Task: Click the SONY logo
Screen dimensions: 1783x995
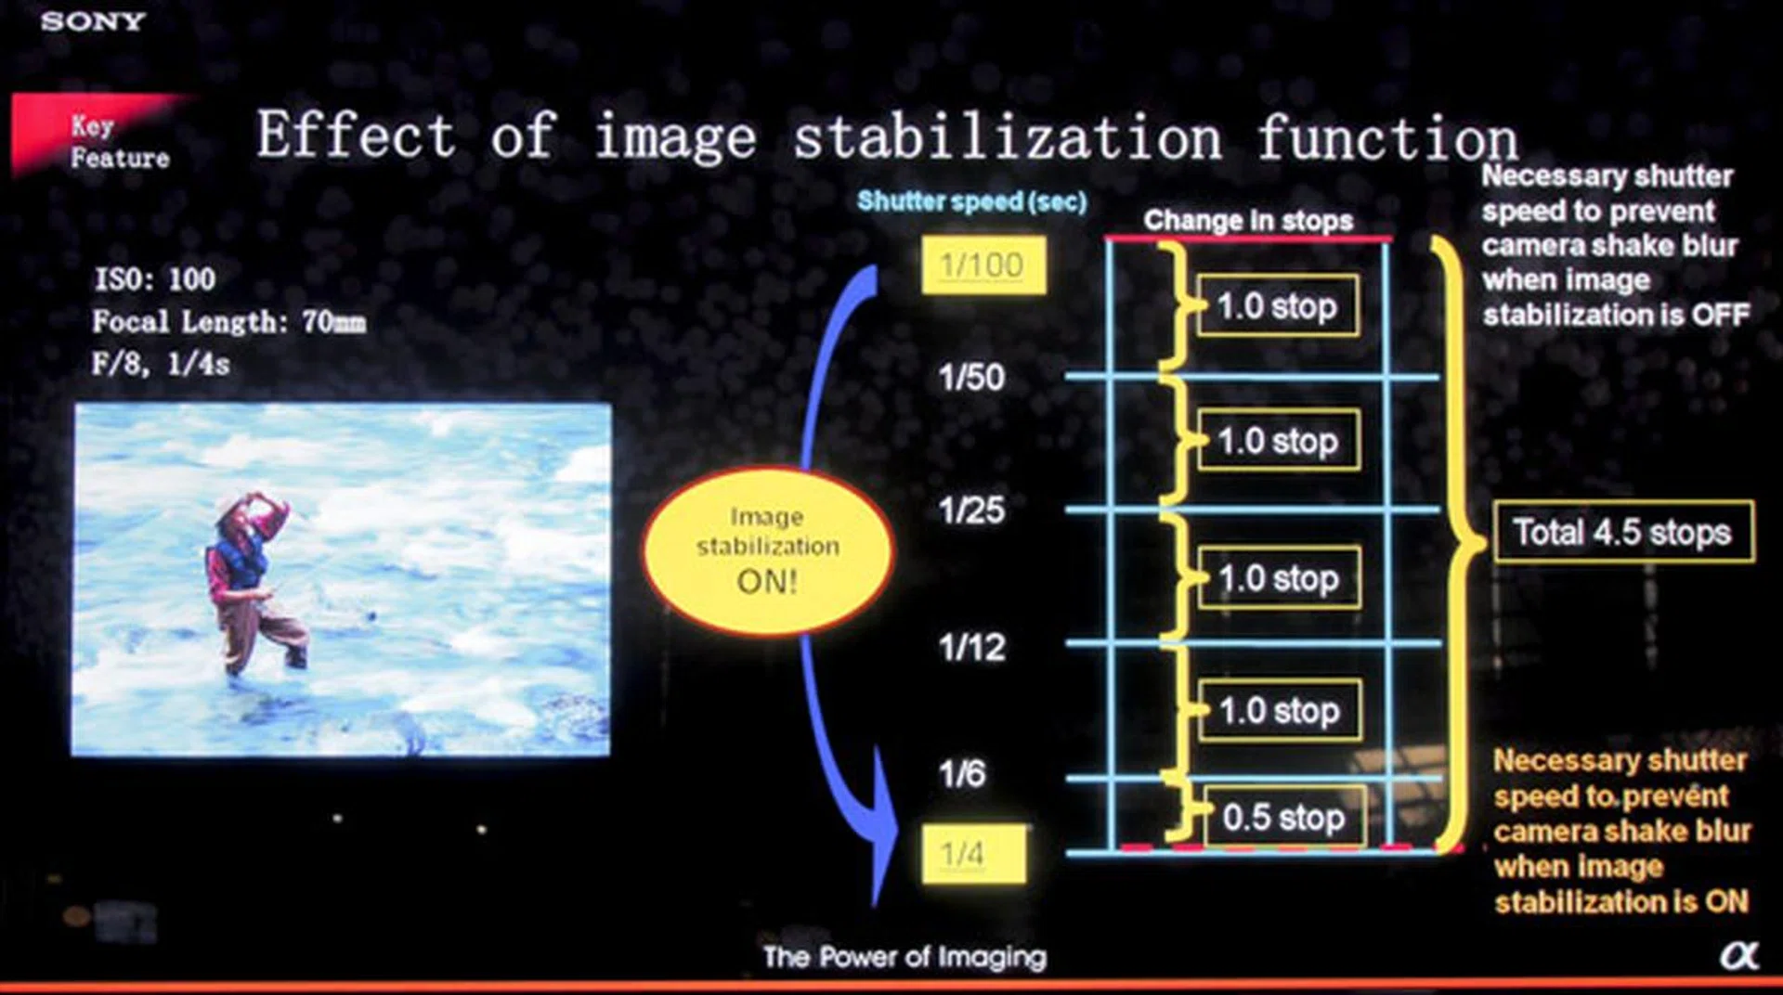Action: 93,20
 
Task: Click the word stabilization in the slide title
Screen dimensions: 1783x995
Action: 1007,137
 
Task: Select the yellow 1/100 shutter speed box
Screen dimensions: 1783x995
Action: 983,265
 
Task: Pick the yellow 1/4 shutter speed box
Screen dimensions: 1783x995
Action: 973,853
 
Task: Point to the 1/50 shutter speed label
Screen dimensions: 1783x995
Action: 970,378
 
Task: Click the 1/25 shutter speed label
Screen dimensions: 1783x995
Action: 970,510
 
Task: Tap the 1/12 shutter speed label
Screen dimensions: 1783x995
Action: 970,647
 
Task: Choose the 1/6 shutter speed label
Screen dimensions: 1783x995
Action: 961,773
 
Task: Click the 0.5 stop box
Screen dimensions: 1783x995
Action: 1284,817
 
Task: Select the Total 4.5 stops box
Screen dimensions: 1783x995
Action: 1623,532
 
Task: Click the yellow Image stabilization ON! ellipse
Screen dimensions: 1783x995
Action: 767,551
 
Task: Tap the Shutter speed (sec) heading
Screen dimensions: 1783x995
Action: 971,201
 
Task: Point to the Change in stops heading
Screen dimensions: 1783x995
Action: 1248,220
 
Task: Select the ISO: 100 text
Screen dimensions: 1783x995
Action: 155,278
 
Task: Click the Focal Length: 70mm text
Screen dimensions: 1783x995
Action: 228,322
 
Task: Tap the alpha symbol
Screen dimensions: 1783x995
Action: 1738,955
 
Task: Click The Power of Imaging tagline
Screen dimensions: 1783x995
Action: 905,957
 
